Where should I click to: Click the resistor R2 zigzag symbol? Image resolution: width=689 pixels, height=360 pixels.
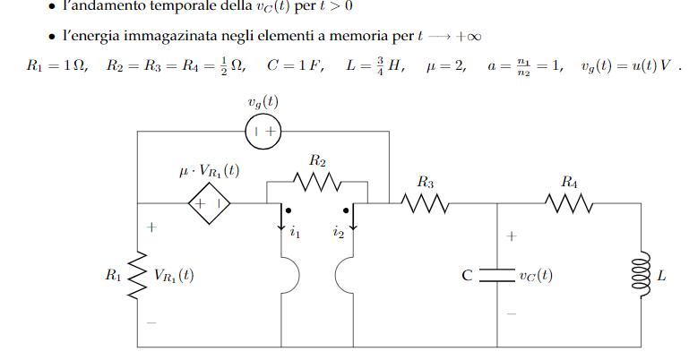pos(317,182)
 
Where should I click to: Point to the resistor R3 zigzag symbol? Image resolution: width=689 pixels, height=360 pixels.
pos(425,203)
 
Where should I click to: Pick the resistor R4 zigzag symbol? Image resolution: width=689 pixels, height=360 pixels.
pos(569,203)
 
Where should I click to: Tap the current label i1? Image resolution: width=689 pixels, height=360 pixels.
pos(295,232)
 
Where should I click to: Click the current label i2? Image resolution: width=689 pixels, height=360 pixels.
pos(339,232)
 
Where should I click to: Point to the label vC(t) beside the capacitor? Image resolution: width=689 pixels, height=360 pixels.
pos(536,276)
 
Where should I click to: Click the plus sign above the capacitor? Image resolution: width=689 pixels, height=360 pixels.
pos(511,236)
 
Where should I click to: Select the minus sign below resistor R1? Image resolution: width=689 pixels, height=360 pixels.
pos(151,322)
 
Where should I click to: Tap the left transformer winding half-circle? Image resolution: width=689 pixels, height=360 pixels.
pos(298,275)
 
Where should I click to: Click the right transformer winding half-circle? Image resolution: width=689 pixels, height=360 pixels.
pos(336,275)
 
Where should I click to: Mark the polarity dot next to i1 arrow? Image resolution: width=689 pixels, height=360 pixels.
pos(288,210)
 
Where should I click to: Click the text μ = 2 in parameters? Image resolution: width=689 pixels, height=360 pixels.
pos(444,66)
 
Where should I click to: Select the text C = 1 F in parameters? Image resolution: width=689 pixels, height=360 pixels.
pos(294,65)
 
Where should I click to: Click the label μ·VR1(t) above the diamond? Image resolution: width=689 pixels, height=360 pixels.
pos(209,171)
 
